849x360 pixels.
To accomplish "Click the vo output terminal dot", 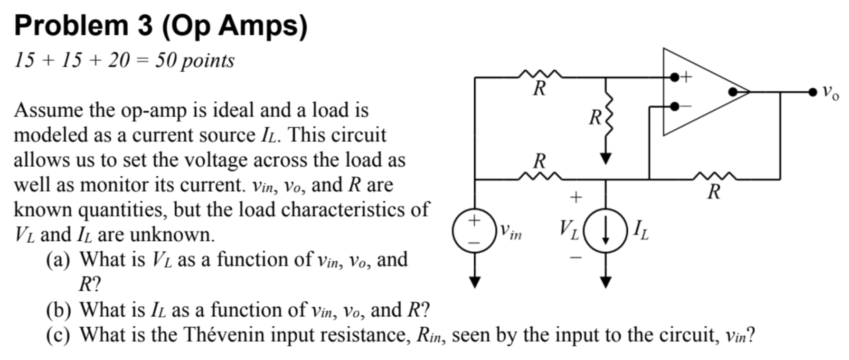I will point(813,92).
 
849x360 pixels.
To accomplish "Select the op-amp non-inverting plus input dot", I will point(674,77).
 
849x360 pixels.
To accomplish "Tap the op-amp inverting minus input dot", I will point(674,107).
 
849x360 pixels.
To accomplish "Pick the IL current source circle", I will point(605,231).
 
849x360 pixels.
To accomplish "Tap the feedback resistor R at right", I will point(715,178).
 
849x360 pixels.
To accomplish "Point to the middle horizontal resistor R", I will point(540,177).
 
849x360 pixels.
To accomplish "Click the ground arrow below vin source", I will point(474,283).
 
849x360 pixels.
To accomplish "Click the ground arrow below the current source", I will point(605,283).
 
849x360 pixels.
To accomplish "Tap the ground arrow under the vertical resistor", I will point(605,159).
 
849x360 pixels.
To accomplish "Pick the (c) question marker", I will point(58,335).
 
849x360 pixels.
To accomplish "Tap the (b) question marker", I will point(58,310).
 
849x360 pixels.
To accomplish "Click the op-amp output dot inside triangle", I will point(733,92).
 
